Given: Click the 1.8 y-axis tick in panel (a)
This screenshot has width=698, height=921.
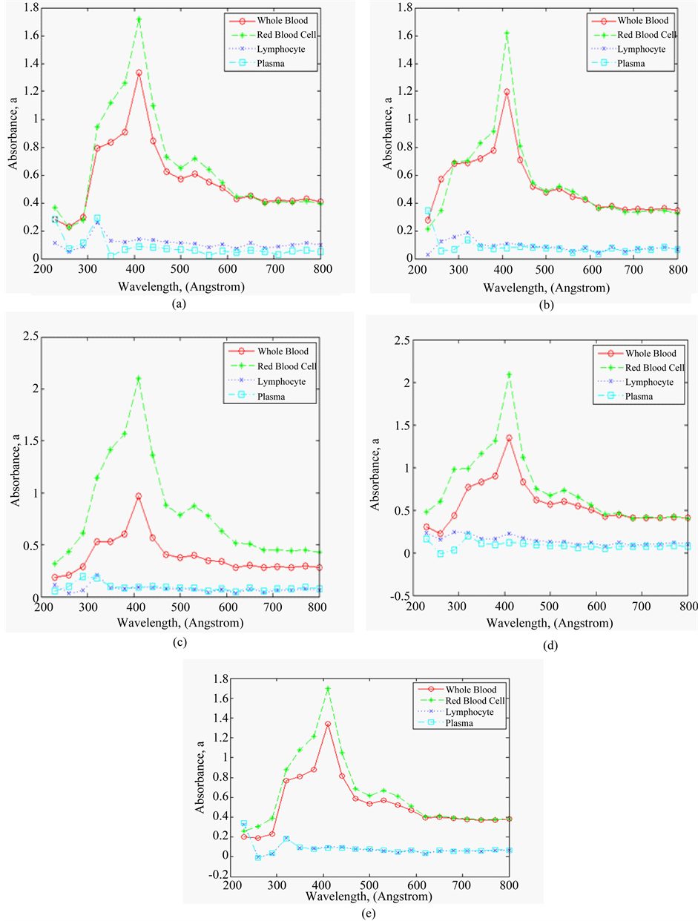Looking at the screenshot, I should tap(28, 8).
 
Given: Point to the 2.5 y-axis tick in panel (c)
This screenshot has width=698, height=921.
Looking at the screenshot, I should tap(28, 337).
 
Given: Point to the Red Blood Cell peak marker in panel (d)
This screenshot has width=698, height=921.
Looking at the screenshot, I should tap(509, 374).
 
